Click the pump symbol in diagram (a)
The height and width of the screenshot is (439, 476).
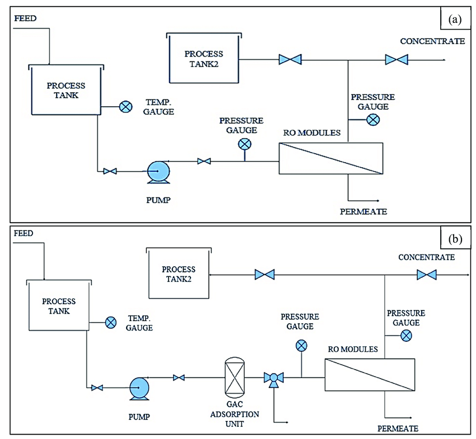[x=157, y=171]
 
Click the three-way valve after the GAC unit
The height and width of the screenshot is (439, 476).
[x=273, y=379]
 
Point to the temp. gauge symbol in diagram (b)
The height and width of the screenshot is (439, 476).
[x=111, y=322]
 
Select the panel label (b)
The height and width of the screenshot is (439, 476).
[x=455, y=239]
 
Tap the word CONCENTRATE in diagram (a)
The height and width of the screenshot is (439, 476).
[x=432, y=41]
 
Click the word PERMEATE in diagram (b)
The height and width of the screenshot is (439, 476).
[x=398, y=428]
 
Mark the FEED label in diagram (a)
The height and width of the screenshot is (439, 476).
[x=25, y=18]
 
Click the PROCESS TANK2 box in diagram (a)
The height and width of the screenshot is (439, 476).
[x=204, y=58]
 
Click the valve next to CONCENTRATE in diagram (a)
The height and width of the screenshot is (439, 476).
[x=396, y=59]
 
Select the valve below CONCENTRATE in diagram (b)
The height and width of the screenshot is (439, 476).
[x=427, y=275]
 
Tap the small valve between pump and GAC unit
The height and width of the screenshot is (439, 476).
[x=179, y=378]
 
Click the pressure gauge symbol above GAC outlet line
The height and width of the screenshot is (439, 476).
[x=301, y=345]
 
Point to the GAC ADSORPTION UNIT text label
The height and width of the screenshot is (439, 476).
[x=235, y=414]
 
